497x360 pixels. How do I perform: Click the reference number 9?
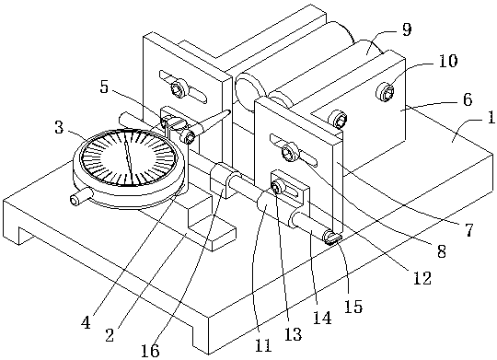pos(407,29)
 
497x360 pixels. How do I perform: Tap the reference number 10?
pos(448,61)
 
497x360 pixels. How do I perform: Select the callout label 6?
pos(468,99)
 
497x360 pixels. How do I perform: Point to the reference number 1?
pos(491,117)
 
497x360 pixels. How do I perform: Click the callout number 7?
pos(469,230)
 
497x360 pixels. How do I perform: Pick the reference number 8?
pos(441,251)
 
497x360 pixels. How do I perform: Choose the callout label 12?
pos(422,278)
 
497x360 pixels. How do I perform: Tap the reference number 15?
pos(353,307)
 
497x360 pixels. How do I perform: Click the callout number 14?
pos(322,318)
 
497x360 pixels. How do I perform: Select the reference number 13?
pos(293,334)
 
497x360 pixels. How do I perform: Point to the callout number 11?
pos(263,345)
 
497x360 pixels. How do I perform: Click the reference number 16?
pos(150,350)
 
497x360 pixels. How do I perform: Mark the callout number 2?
pos(110,335)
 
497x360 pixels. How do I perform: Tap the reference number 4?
pos(86,322)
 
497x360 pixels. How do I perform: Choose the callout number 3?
pos(59,127)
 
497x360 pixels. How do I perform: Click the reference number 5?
pos(104,87)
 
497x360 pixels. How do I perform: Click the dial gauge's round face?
pos(128,158)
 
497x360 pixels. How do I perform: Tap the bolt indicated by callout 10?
pos(385,92)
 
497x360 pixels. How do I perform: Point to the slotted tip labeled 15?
pos(330,238)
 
